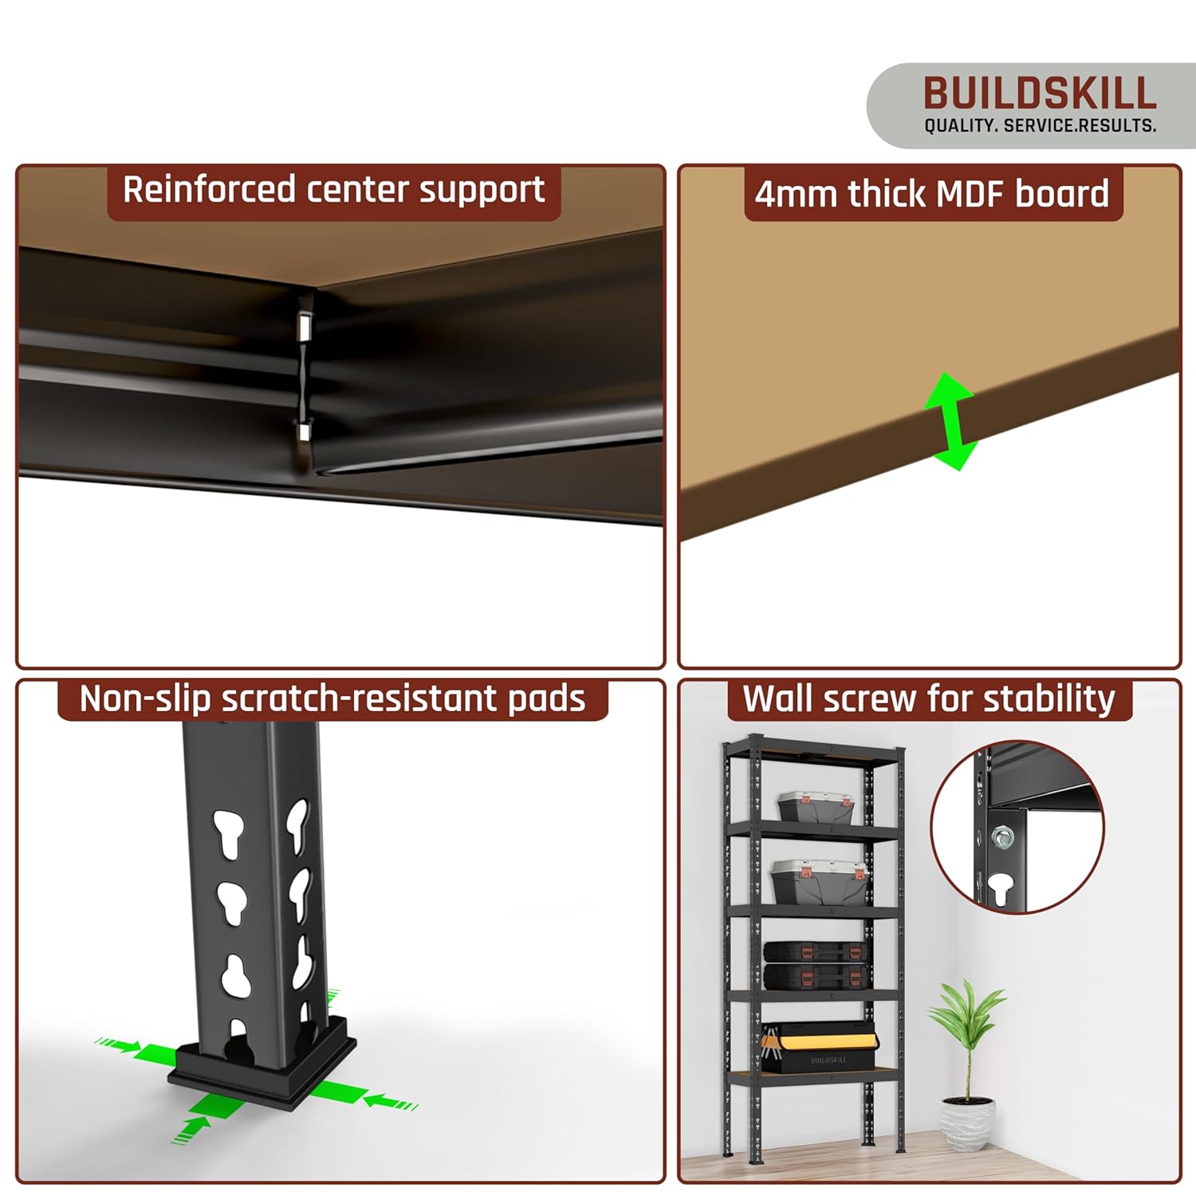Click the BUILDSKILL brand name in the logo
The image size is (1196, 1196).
tap(1040, 93)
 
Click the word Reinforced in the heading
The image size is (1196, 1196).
tap(209, 190)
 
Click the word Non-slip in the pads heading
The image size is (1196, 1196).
tap(144, 699)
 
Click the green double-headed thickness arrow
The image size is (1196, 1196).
tap(950, 421)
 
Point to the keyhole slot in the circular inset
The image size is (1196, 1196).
tap(1000, 887)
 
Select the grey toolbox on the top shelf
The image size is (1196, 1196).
tap(816, 807)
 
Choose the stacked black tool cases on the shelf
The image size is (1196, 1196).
tap(814, 965)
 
